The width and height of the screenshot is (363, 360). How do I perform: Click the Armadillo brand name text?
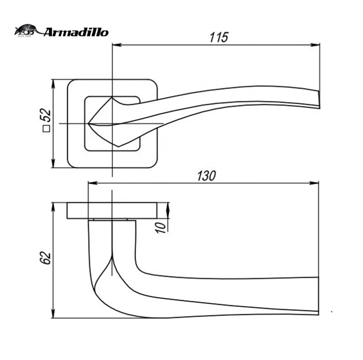click(x=76, y=32)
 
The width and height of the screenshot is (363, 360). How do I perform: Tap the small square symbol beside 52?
click(x=46, y=128)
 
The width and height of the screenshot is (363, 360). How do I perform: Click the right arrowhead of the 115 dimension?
click(x=316, y=45)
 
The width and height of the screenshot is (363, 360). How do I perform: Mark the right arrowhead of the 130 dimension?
click(x=315, y=183)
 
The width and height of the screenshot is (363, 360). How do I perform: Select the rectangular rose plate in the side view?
click(x=112, y=211)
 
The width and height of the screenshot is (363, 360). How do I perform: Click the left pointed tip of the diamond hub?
click(x=89, y=123)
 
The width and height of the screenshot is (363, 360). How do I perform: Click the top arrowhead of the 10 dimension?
click(x=168, y=207)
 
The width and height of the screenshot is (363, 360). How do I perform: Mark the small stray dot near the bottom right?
click(x=332, y=311)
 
